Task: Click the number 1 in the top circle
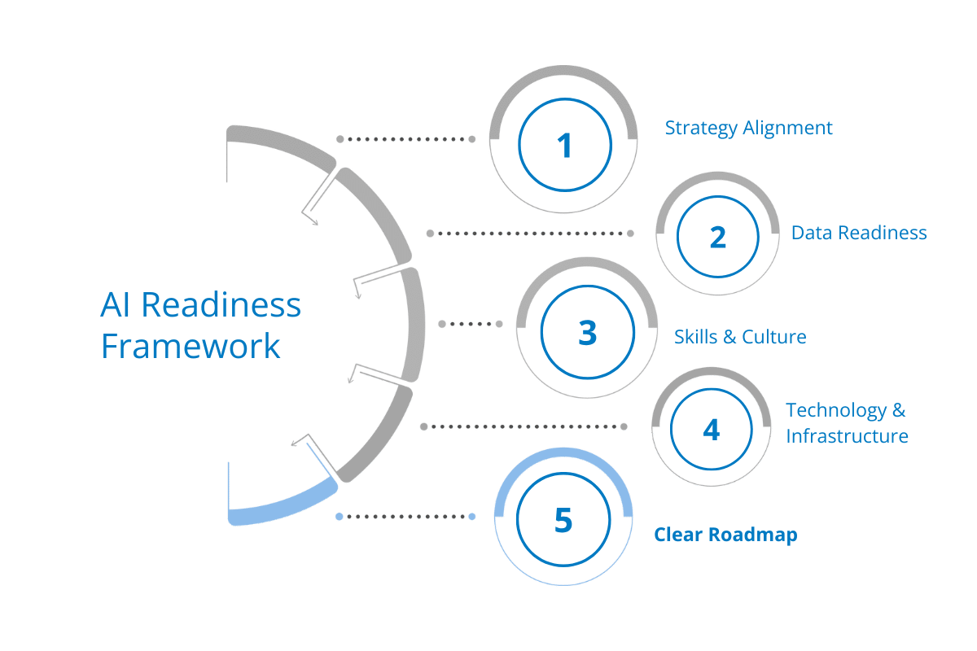[x=564, y=146]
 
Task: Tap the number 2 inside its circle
[x=717, y=238]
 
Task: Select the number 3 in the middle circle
[x=587, y=334]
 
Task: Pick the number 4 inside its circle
[x=712, y=429]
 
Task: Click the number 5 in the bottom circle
[x=563, y=521]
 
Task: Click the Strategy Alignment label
[x=748, y=129]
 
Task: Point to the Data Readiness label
[x=859, y=234]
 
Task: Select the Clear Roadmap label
[x=726, y=535]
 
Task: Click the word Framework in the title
[x=191, y=347]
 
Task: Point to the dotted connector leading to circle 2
[x=529, y=234]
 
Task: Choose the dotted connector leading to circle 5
[x=405, y=516]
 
